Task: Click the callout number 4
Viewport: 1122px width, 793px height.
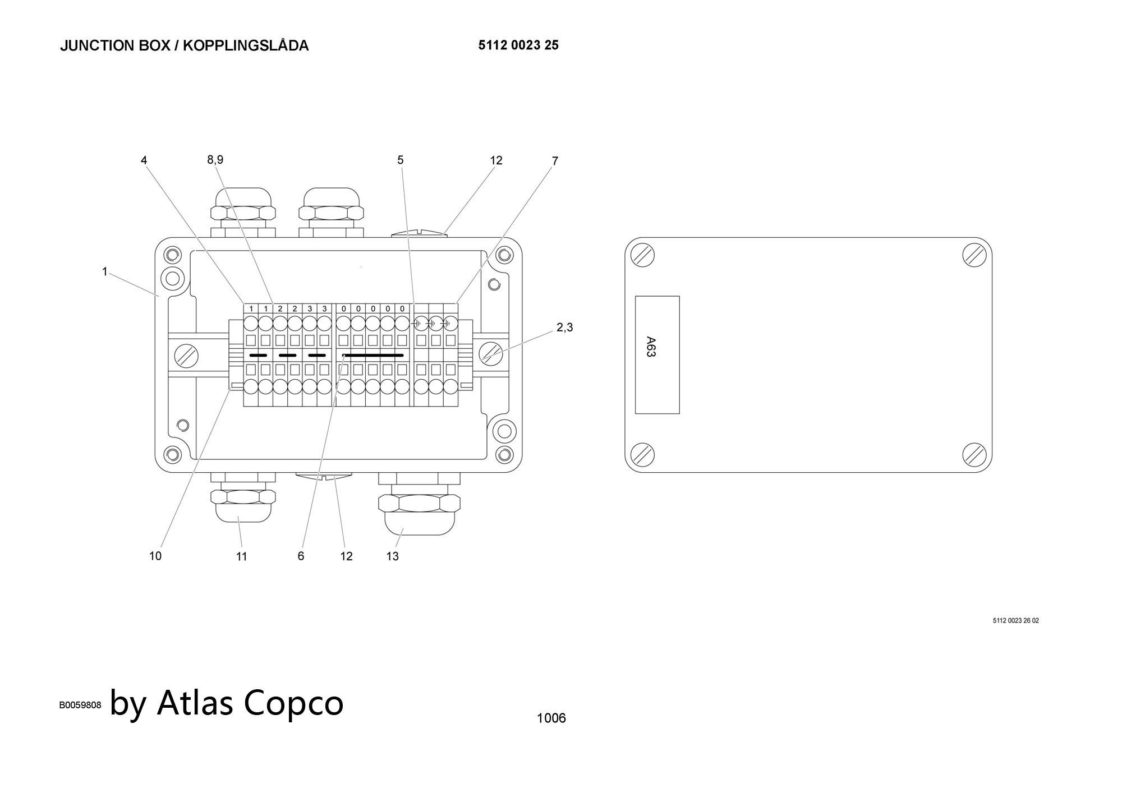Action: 144,160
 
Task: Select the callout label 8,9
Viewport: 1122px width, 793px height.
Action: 215,160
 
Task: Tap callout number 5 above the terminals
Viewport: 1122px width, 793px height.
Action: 401,160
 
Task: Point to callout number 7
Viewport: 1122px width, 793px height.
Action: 555,161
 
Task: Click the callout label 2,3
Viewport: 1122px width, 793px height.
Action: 565,328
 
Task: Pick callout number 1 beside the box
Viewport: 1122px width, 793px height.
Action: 105,272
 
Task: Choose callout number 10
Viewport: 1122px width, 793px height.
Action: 155,556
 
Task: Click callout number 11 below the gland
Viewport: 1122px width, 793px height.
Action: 241,556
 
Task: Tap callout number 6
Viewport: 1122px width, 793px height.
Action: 301,556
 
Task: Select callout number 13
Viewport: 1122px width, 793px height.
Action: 392,556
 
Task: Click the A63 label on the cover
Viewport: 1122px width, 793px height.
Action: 651,347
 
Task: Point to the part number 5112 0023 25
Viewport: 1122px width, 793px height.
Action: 518,45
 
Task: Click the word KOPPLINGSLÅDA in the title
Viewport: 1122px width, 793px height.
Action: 246,45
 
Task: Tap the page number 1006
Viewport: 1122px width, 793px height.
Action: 551,718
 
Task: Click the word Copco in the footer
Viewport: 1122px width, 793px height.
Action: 293,702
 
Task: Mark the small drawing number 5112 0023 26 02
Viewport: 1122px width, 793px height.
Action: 1015,621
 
